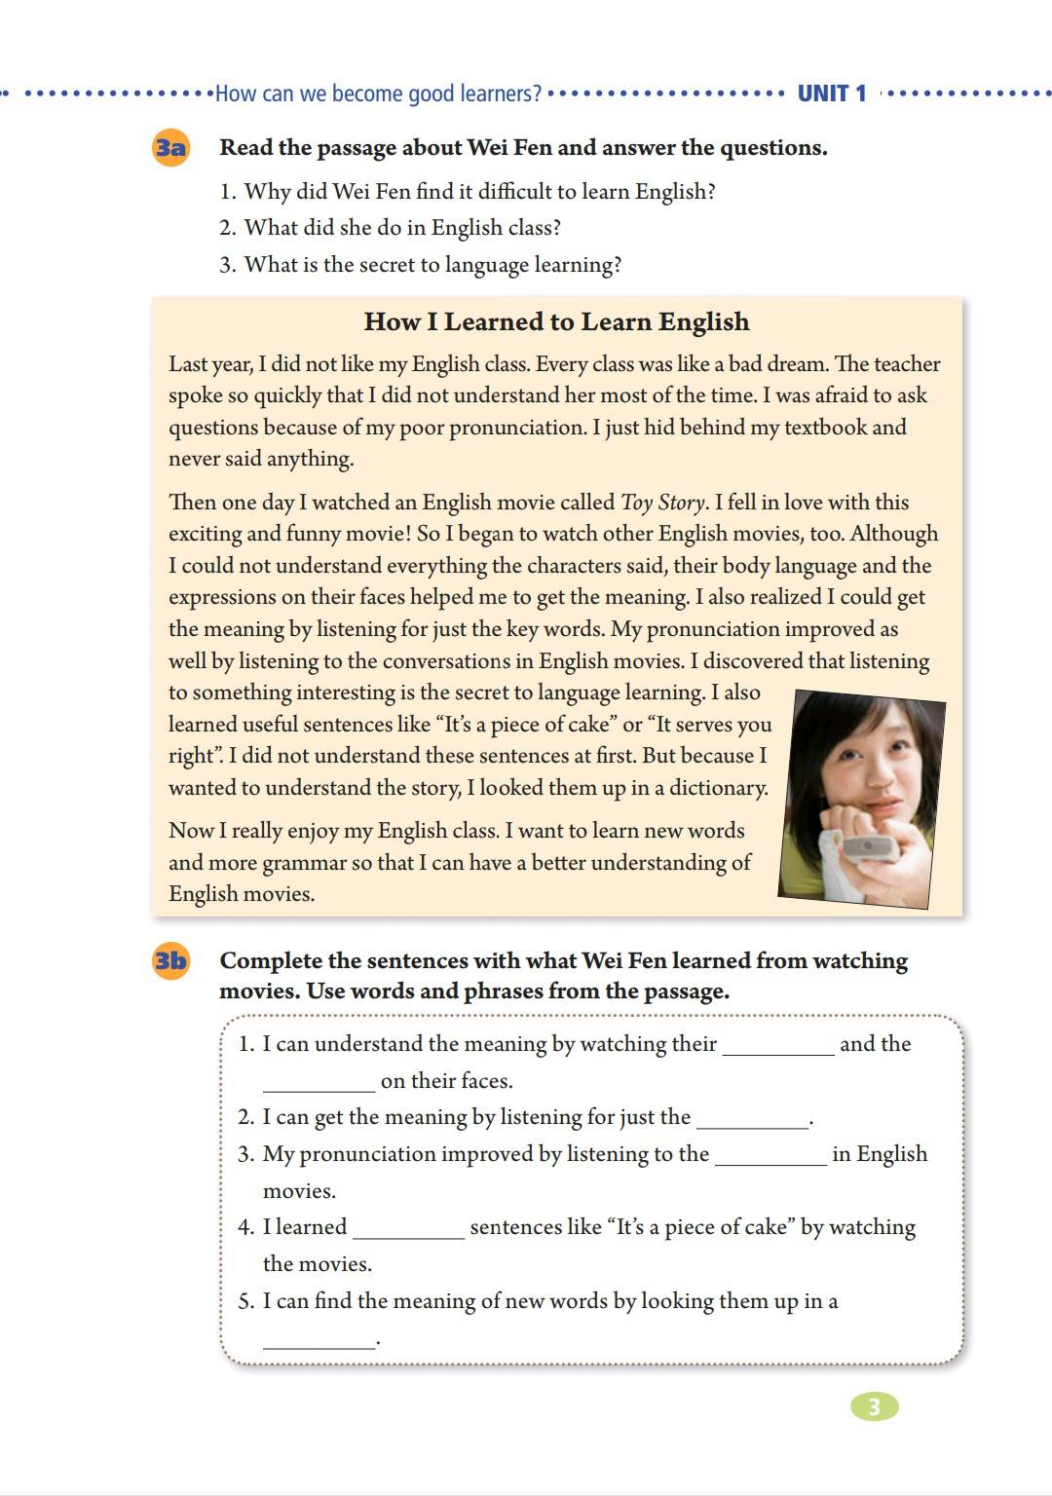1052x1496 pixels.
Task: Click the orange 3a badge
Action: [170, 148]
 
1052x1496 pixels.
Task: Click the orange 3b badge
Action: [170, 961]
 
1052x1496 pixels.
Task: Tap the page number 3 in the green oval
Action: [874, 1406]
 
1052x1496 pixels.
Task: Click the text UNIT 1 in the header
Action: [831, 93]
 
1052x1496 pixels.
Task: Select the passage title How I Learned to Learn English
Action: [556, 321]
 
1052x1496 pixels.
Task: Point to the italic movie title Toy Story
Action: [662, 503]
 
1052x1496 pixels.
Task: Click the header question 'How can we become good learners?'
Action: [378, 93]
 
